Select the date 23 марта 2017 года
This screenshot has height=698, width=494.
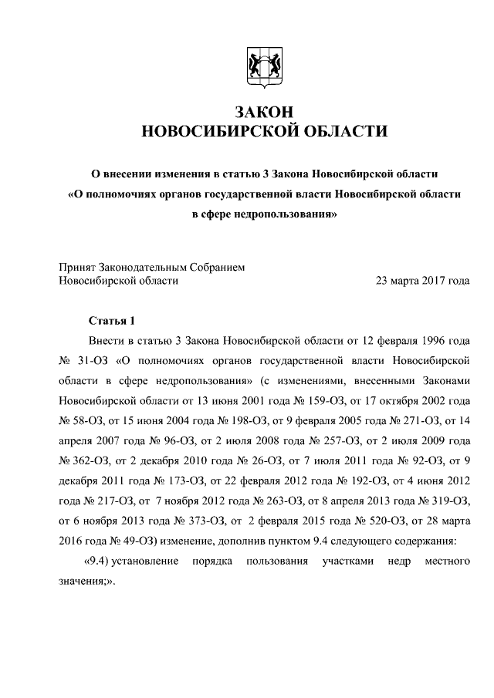[x=422, y=281]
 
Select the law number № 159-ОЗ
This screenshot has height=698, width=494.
[x=283, y=400]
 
